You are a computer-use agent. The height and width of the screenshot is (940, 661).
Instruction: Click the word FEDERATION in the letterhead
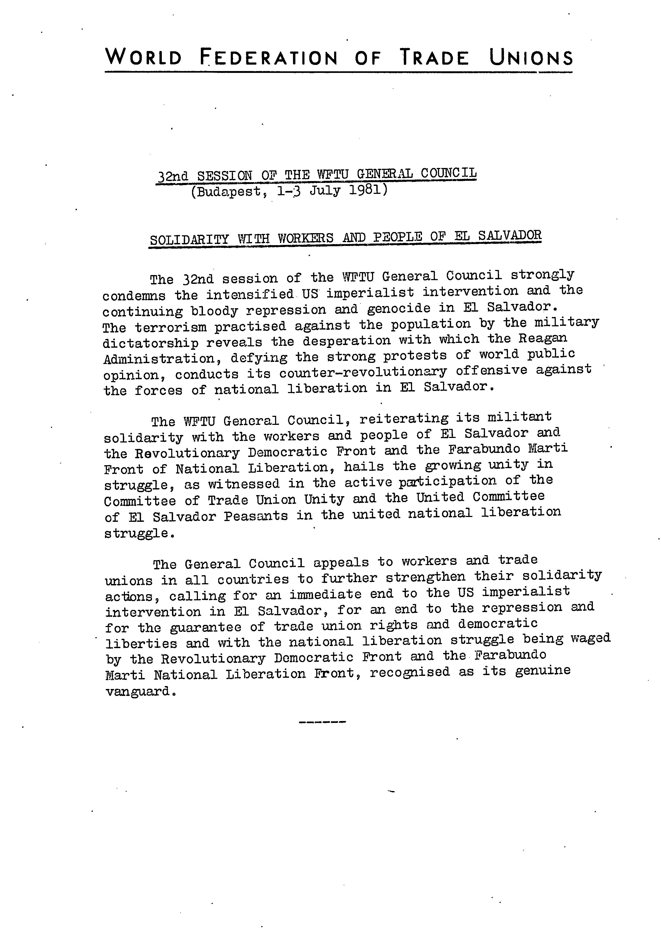coord(269,57)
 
